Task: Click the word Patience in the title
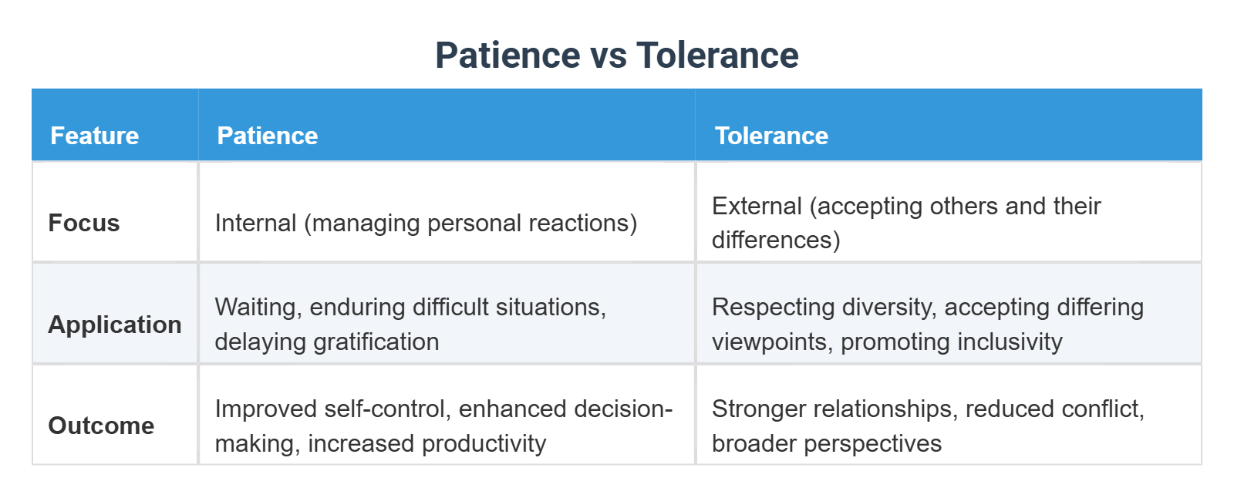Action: pyautogui.click(x=507, y=56)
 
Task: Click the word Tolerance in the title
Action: pyautogui.click(x=717, y=56)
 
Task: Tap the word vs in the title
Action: pyautogui.click(x=609, y=56)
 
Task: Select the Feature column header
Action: pyautogui.click(x=94, y=136)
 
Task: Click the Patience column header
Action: pyautogui.click(x=267, y=136)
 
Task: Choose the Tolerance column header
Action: pyautogui.click(x=771, y=136)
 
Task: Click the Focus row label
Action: pyautogui.click(x=84, y=223)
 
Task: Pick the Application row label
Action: pyautogui.click(x=115, y=325)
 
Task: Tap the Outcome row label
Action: pyautogui.click(x=101, y=426)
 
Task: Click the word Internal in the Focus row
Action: pyautogui.click(x=255, y=223)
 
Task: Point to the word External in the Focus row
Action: pyautogui.click(x=757, y=206)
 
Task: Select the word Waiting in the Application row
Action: pyautogui.click(x=258, y=307)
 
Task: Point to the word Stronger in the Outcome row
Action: pyautogui.click(x=757, y=409)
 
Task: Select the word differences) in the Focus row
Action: pyautogui.click(x=776, y=240)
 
